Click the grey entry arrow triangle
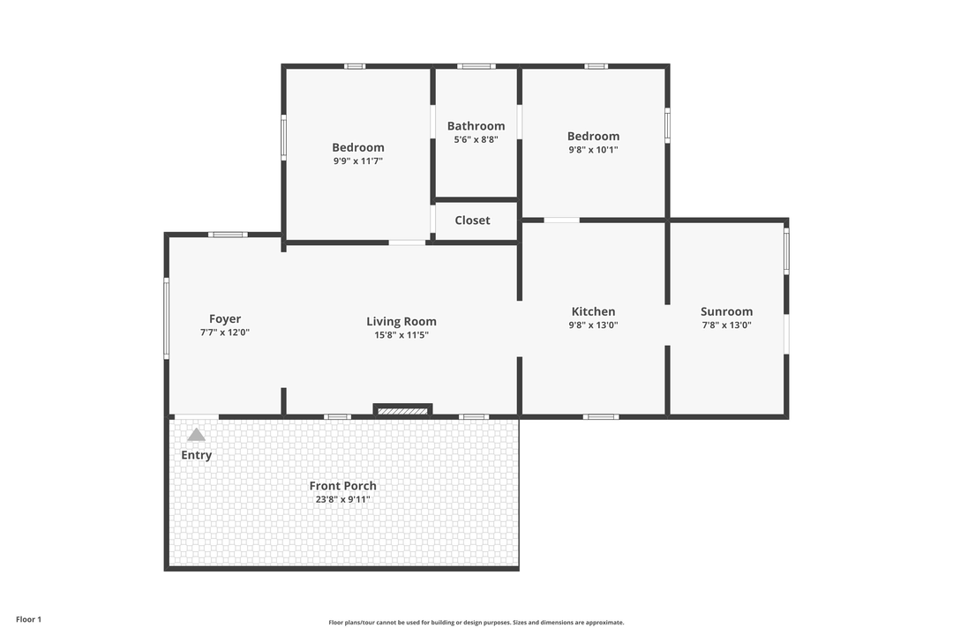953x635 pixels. (196, 435)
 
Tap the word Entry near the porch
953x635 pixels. (196, 455)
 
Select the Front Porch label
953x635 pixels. (342, 486)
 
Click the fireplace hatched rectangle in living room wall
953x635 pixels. (402, 411)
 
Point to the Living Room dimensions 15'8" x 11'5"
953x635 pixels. (401, 335)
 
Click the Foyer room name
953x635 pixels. (225, 319)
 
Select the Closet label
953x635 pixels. (472, 220)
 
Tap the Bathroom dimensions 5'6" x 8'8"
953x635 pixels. (476, 139)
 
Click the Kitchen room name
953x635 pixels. (593, 311)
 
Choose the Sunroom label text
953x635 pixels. (726, 311)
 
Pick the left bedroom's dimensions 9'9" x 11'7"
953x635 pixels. (357, 161)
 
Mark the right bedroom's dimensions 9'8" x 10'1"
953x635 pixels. (593, 150)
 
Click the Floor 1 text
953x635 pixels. (28, 619)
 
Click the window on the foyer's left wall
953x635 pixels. (166, 318)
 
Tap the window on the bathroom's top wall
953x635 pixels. (476, 66)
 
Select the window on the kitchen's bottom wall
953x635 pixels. (600, 416)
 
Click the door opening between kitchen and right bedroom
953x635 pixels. (561, 220)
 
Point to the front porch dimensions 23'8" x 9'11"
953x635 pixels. (342, 499)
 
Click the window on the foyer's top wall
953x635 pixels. (228, 235)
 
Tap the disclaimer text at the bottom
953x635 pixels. (476, 622)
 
